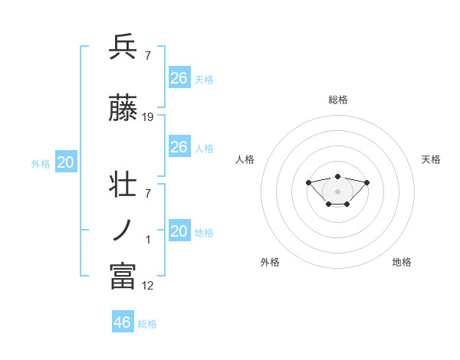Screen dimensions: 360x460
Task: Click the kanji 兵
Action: pos(123,47)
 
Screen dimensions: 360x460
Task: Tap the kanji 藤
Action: pos(123,110)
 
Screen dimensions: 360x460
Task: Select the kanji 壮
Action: pos(123,186)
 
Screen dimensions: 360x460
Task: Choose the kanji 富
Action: pos(123,277)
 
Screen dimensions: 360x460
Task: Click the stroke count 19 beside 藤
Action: pos(148,117)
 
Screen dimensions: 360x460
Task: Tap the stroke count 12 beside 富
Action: pos(148,285)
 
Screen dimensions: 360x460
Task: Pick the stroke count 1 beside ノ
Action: pos(148,240)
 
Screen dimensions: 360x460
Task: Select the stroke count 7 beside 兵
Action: pos(147,55)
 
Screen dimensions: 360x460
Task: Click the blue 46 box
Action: pos(123,322)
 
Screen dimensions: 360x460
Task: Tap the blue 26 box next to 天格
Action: pos(179,78)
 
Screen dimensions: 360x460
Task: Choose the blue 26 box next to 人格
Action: pos(179,147)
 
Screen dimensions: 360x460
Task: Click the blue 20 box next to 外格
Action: pos(65,162)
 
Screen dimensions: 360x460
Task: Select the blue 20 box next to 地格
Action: pos(179,231)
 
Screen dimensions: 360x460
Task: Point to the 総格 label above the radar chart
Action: pos(338,100)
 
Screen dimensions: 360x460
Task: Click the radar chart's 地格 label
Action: pos(402,262)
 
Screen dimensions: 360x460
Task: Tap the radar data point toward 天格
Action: pos(366,182)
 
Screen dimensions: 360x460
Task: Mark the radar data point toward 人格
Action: pos(308,182)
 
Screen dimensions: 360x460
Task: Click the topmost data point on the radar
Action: pos(337,177)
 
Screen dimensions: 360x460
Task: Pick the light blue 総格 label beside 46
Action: pos(147,324)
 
